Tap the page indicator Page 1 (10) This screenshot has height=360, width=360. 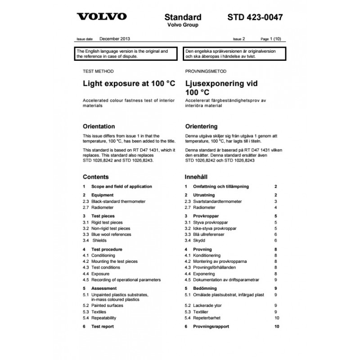click(273, 40)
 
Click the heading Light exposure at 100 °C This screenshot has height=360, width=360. click(129, 83)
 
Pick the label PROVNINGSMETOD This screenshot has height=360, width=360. click(206, 72)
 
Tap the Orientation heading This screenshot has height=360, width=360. click(99, 126)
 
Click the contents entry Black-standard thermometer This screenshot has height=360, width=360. click(118, 202)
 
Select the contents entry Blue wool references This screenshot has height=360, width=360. click(111, 234)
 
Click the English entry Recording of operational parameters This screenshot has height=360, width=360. click(126, 279)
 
